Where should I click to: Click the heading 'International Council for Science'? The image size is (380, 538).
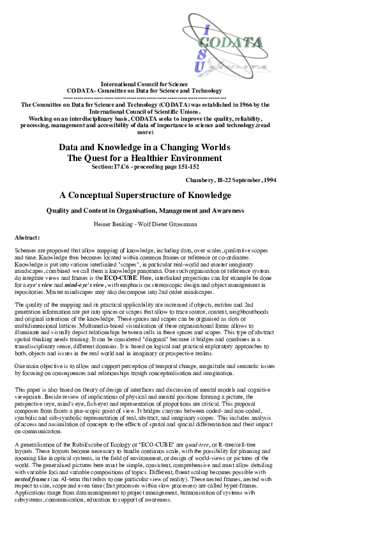[144, 84]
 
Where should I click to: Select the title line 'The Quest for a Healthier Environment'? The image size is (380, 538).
[144, 158]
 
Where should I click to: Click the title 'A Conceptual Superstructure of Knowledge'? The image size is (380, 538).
[144, 194]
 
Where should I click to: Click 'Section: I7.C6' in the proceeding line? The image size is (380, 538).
[112, 166]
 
